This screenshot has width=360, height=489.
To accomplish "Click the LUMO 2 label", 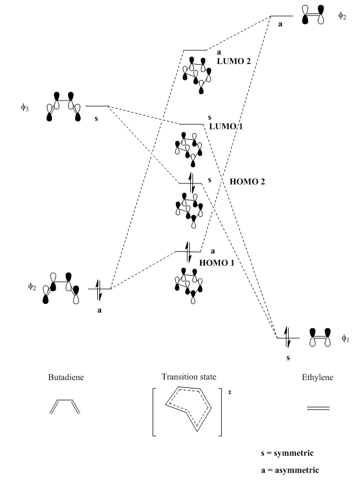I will [233, 60].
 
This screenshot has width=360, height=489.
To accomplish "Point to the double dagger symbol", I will [229, 392].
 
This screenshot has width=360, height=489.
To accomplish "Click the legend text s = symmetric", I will [288, 453].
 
